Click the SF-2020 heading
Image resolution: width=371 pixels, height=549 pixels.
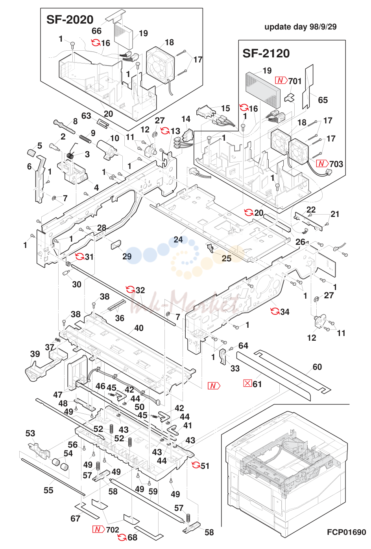tap(70, 20)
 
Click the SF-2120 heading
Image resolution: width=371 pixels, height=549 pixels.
tap(266, 53)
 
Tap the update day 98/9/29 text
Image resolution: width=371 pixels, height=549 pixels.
tap(300, 27)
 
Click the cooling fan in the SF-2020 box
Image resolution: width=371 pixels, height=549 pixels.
tap(160, 64)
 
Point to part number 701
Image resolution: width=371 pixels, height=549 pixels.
tap(295, 81)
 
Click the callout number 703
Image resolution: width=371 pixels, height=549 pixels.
tap(336, 164)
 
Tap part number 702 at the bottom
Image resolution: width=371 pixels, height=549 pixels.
tap(113, 530)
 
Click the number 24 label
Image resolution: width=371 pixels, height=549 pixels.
tap(178, 239)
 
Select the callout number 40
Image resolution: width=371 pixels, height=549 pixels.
tap(139, 328)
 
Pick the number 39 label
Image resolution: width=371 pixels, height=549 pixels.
tap(35, 354)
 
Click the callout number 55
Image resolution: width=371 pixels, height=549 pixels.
tap(48, 490)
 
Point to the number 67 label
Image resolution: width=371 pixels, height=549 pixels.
tap(75, 518)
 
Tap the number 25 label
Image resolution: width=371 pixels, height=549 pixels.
tap(227, 258)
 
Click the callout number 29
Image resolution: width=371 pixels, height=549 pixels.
tap(127, 256)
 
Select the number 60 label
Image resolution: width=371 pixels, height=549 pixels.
tap(317, 367)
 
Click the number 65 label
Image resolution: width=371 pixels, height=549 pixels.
tap(323, 100)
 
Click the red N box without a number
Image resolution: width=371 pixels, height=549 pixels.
tap(214, 386)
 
